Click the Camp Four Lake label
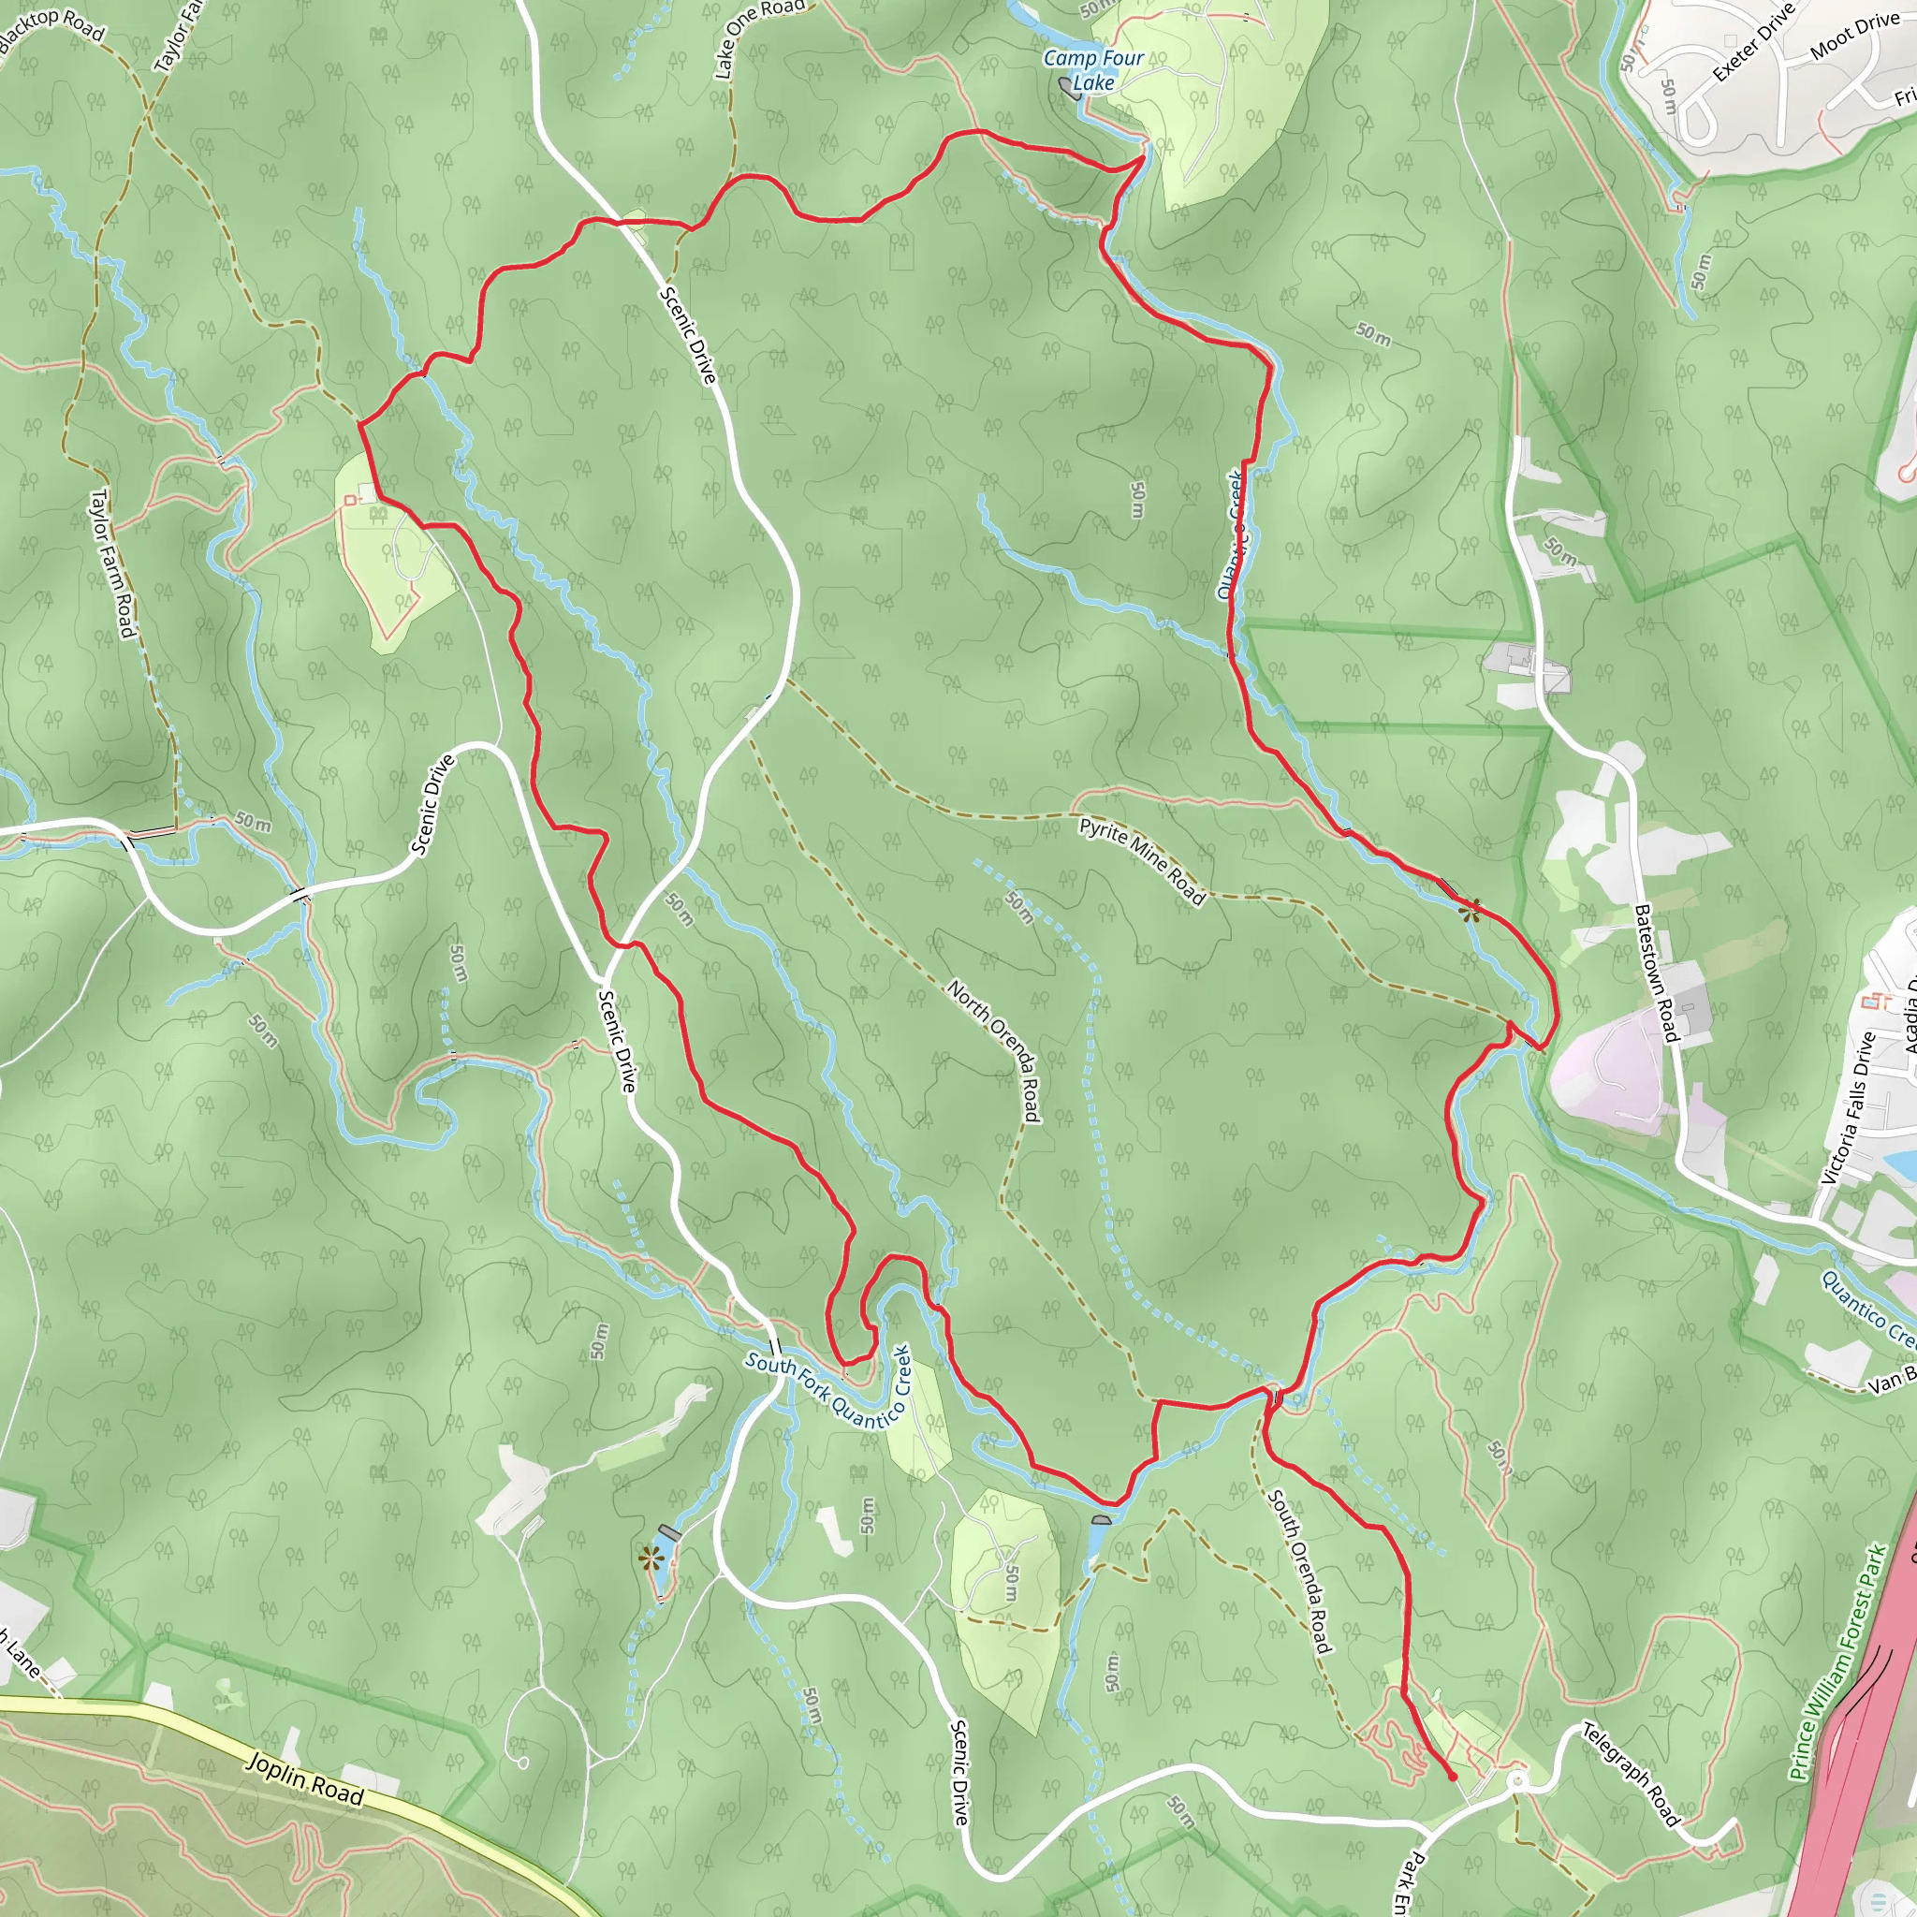pyautogui.click(x=1093, y=70)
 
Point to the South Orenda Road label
pyautogui.click(x=1299, y=1572)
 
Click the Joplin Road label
pyautogui.click(x=304, y=1779)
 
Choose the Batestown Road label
pyautogui.click(x=1655, y=973)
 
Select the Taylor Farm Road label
pyautogui.click(x=112, y=563)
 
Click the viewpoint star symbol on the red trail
pyautogui.click(x=1471, y=910)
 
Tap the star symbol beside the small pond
pyautogui.click(x=651, y=1558)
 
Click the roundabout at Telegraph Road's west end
pyautogui.click(x=1516, y=1783)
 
